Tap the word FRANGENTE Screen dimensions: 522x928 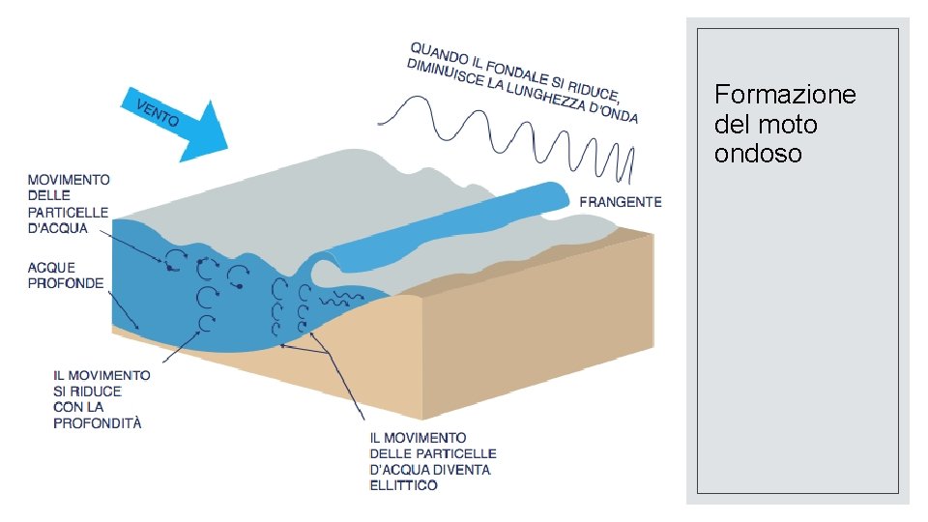click(x=620, y=202)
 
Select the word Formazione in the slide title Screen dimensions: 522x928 click(x=785, y=95)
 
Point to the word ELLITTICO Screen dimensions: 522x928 click(x=403, y=485)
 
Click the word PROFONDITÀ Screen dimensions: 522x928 click(x=98, y=422)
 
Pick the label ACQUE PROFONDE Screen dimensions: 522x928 click(x=65, y=275)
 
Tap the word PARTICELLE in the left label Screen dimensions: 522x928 click(x=69, y=212)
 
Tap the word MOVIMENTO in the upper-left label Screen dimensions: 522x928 click(x=69, y=180)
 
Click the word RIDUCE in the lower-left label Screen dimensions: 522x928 click(x=96, y=391)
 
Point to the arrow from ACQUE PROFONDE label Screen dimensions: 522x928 click(x=123, y=310)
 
